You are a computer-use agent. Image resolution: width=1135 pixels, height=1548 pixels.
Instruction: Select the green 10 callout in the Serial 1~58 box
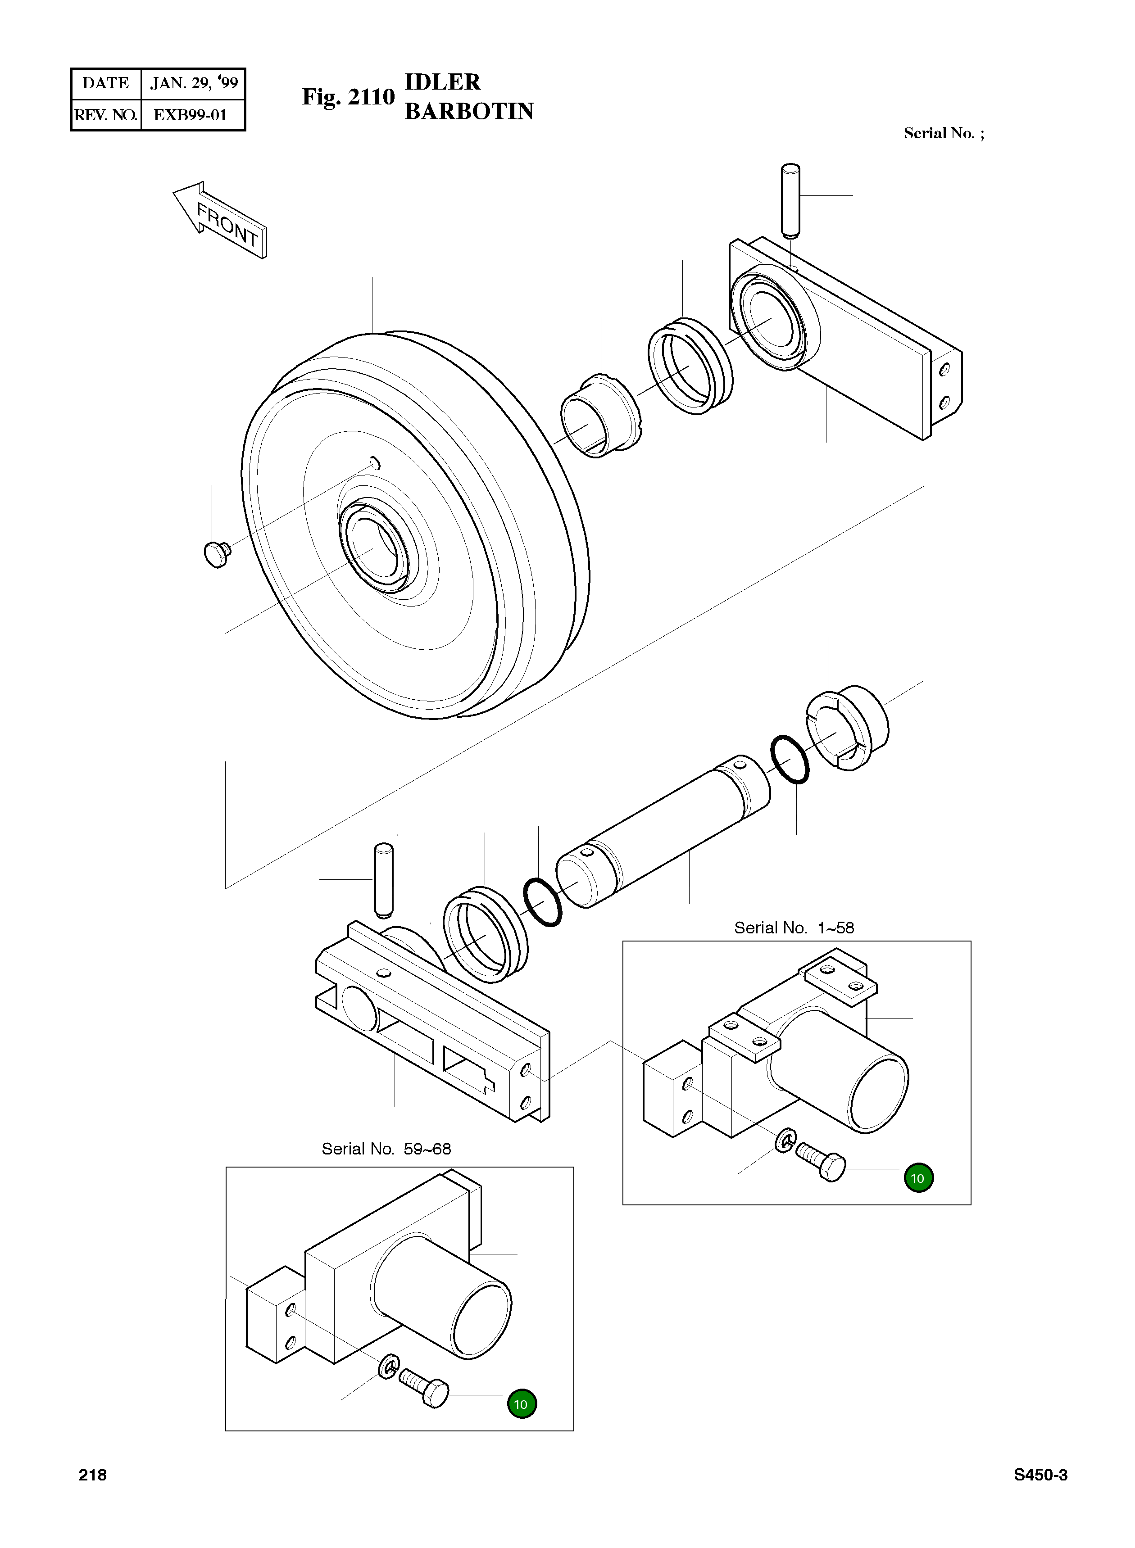[x=918, y=1178]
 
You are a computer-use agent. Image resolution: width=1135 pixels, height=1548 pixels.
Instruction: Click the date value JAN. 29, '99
[x=194, y=84]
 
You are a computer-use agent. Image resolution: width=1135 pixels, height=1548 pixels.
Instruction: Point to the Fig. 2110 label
[x=348, y=97]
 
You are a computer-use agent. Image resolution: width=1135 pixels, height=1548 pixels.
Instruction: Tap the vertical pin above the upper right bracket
[x=791, y=200]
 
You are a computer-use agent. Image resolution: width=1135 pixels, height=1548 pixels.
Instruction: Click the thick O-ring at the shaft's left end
[x=543, y=902]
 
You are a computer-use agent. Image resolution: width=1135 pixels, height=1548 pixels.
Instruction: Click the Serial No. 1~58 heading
[x=794, y=928]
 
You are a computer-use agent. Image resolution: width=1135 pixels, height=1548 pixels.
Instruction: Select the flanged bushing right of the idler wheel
[x=600, y=416]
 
